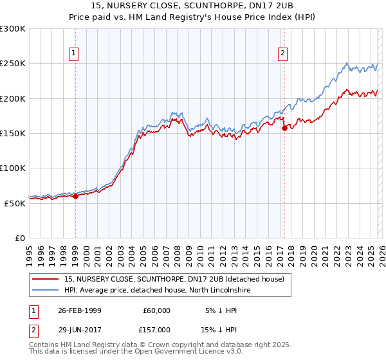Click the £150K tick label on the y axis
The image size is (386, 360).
point(13,134)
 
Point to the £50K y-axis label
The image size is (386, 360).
point(15,203)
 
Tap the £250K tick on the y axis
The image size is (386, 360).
point(13,64)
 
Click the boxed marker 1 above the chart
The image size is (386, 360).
point(75,53)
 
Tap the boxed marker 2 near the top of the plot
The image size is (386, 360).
point(283,53)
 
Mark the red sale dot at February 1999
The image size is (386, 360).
point(75,197)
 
